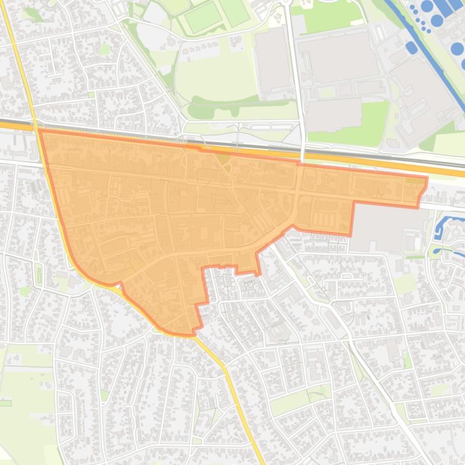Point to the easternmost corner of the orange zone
tap(427, 178)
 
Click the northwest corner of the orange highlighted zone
tap(40, 130)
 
